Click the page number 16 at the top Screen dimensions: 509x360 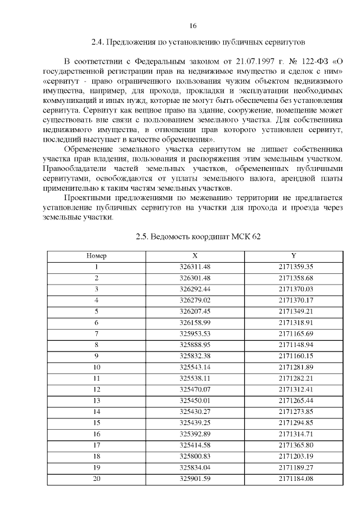tap(192, 26)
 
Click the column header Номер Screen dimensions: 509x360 tap(96, 256)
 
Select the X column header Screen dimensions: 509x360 tap(195, 256)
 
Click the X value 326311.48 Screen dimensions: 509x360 tap(195, 267)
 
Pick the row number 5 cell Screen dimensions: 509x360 tap(96, 311)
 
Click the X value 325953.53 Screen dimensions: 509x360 tap(195, 334)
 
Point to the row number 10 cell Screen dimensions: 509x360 tap(96, 367)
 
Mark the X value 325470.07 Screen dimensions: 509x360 tap(195, 389)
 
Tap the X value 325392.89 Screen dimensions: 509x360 tap(195, 434)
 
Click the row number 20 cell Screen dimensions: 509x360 tap(96, 478)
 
